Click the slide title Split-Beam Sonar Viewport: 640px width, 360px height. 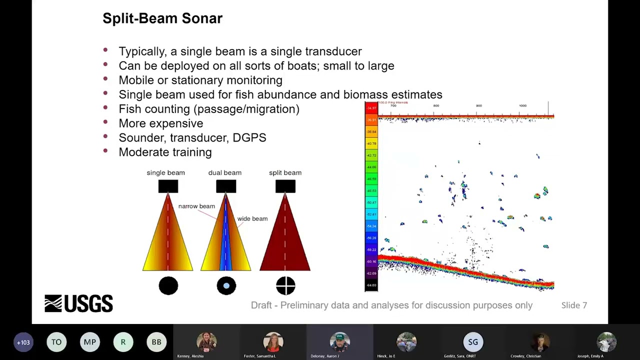coord(162,18)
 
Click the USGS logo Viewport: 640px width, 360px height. coord(78,303)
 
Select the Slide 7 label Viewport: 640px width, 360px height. coord(573,305)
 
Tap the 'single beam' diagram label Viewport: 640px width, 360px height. coord(165,172)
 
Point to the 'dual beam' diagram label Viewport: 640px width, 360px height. coord(224,172)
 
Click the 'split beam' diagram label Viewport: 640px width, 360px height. coord(285,172)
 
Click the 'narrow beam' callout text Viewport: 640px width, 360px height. coord(196,206)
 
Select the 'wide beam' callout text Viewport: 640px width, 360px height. coord(252,218)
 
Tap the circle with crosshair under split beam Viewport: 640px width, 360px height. coord(285,286)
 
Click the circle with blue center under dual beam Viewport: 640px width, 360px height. coord(226,286)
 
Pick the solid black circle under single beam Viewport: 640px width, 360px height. coord(168,286)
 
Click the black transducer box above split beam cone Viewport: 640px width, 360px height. coord(285,186)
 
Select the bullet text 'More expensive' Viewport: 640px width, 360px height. coord(160,123)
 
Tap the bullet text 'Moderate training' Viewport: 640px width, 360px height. coord(165,152)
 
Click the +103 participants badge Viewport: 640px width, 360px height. coord(23,342)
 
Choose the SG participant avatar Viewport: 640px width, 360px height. coord(473,342)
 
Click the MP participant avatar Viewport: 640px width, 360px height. coord(89,342)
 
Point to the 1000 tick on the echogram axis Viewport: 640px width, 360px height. coord(522,105)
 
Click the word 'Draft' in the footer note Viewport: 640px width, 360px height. coord(261,305)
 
